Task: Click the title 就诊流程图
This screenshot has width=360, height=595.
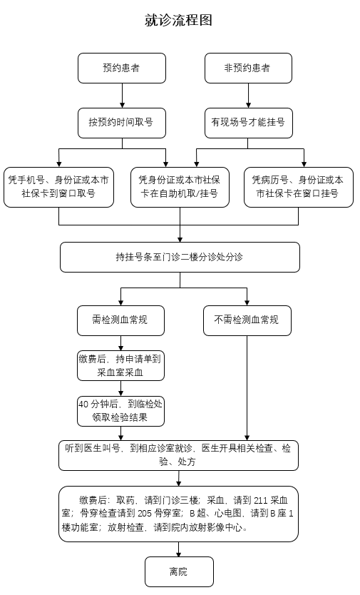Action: pos(179,21)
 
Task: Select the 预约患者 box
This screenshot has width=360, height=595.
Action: pos(122,68)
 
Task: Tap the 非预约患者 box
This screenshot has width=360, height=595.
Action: pos(247,68)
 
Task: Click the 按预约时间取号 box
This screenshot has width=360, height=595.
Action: pos(122,123)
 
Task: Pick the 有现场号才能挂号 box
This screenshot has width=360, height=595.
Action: pos(247,123)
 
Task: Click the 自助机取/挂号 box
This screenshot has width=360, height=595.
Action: pos(180,187)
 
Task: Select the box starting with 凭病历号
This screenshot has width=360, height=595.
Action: pos(299,187)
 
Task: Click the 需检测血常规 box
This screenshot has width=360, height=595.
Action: pos(122,320)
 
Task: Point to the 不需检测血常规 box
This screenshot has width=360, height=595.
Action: pos(247,320)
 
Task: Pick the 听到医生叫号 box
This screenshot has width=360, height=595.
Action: pos(178,455)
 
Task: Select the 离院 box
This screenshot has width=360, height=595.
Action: pos(179,571)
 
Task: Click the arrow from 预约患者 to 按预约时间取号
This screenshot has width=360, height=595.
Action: pos(122,96)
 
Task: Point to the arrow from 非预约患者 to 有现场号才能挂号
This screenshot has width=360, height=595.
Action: pos(247,96)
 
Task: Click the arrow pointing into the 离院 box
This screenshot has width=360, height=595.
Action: pos(179,550)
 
